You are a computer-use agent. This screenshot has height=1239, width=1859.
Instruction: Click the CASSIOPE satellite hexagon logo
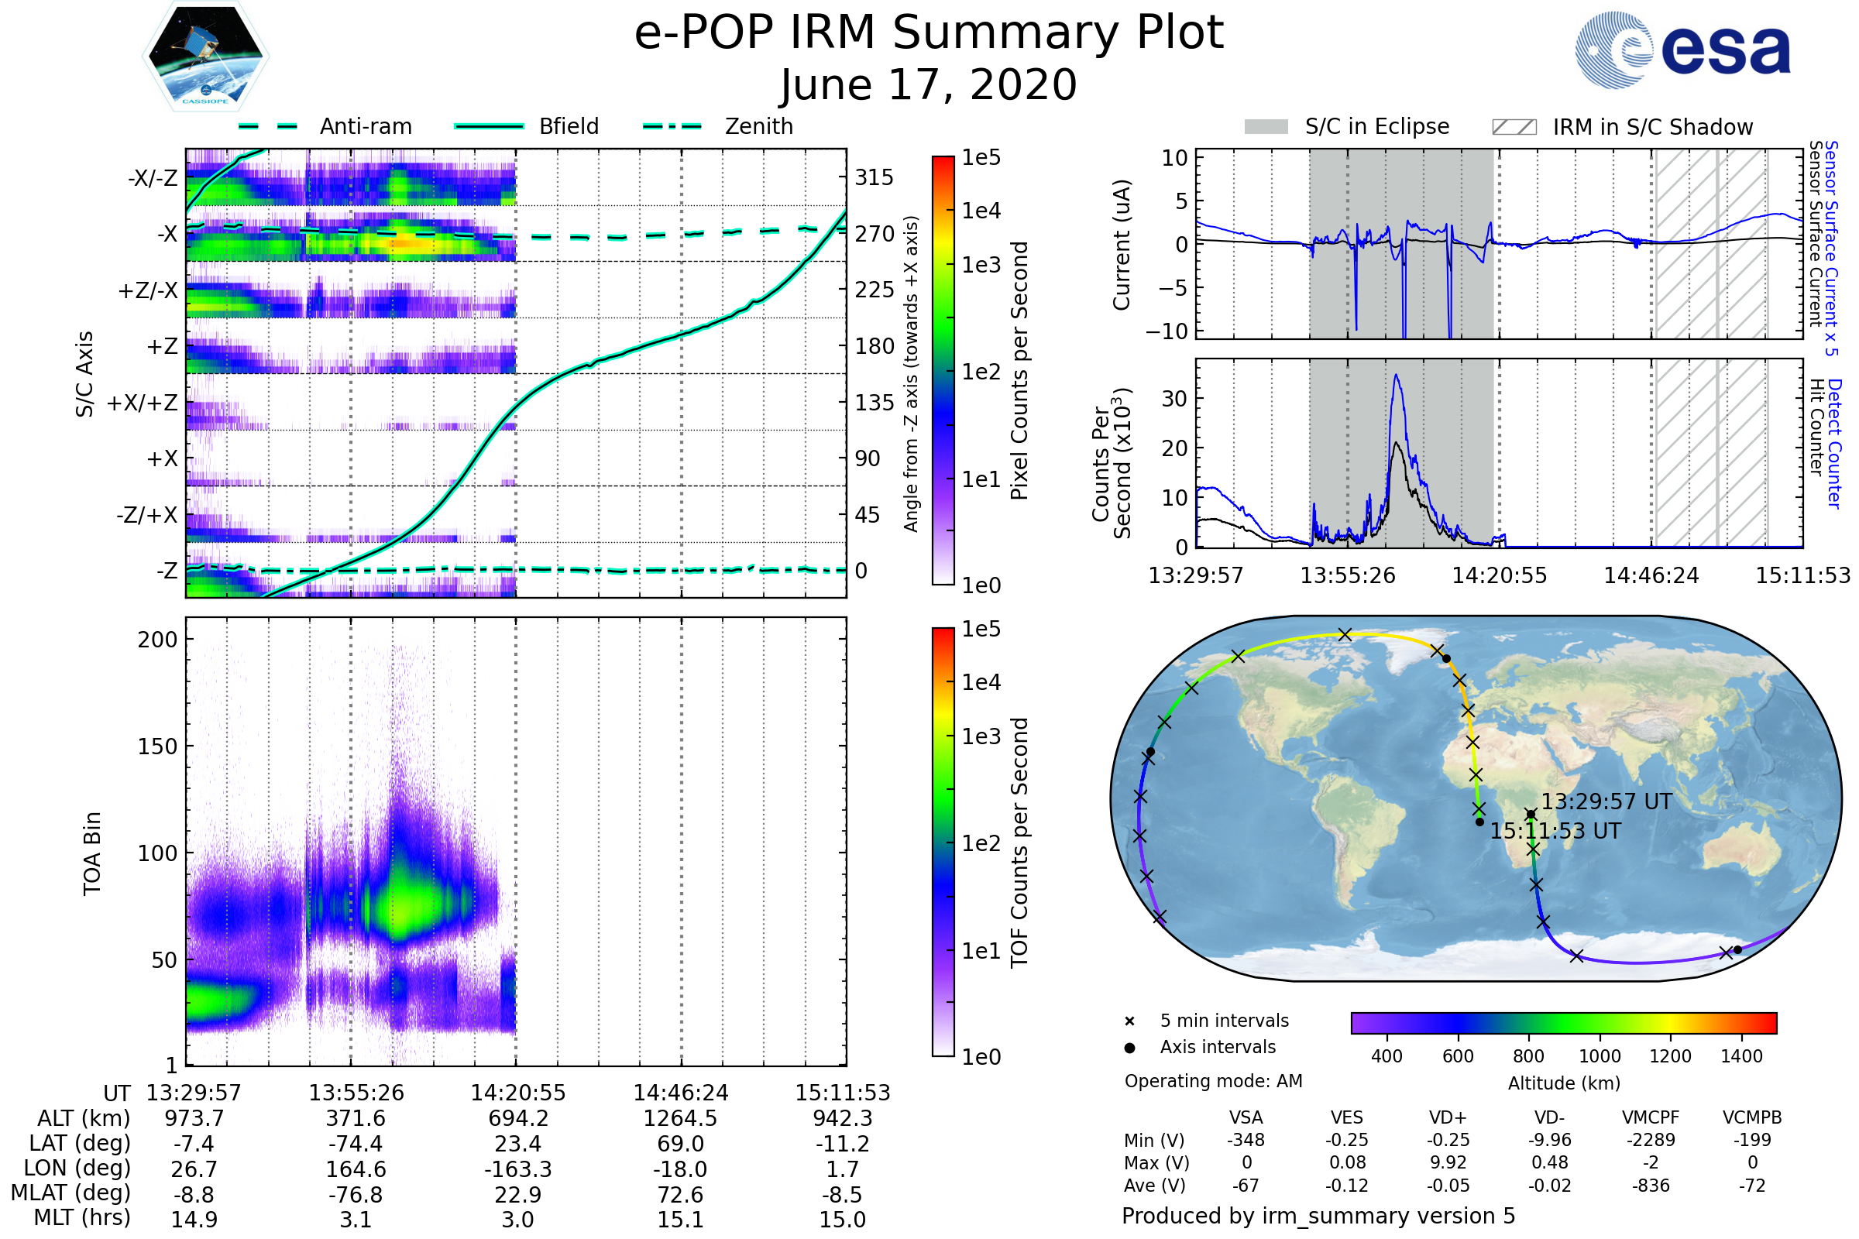pyautogui.click(x=205, y=56)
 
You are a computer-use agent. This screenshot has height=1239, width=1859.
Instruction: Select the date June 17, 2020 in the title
pyautogui.click(x=929, y=84)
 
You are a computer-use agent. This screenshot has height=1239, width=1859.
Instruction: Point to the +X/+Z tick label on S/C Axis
pyautogui.click(x=143, y=403)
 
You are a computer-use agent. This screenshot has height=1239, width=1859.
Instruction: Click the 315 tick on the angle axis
pyautogui.click(x=874, y=177)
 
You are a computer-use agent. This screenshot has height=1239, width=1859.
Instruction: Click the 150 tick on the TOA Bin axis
pyautogui.click(x=157, y=746)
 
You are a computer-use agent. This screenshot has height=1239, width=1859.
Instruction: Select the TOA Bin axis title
pyautogui.click(x=92, y=853)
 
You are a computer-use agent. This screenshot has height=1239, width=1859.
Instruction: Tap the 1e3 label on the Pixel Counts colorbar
pyautogui.click(x=981, y=266)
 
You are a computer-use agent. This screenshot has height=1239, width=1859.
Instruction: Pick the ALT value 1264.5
pyautogui.click(x=680, y=1119)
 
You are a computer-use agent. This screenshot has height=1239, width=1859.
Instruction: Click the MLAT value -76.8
pyautogui.click(x=356, y=1195)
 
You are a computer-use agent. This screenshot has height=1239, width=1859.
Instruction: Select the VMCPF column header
pyautogui.click(x=1651, y=1118)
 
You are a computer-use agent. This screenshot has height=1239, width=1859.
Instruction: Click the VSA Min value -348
pyautogui.click(x=1246, y=1140)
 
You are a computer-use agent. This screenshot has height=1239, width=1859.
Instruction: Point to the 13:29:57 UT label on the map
pyautogui.click(x=1606, y=802)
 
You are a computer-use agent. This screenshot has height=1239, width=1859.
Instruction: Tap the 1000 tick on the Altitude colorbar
pyautogui.click(x=1600, y=1056)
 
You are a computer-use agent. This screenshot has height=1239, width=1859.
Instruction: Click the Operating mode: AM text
pyautogui.click(x=1213, y=1081)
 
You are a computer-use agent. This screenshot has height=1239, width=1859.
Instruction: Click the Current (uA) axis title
pyautogui.click(x=1122, y=245)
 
